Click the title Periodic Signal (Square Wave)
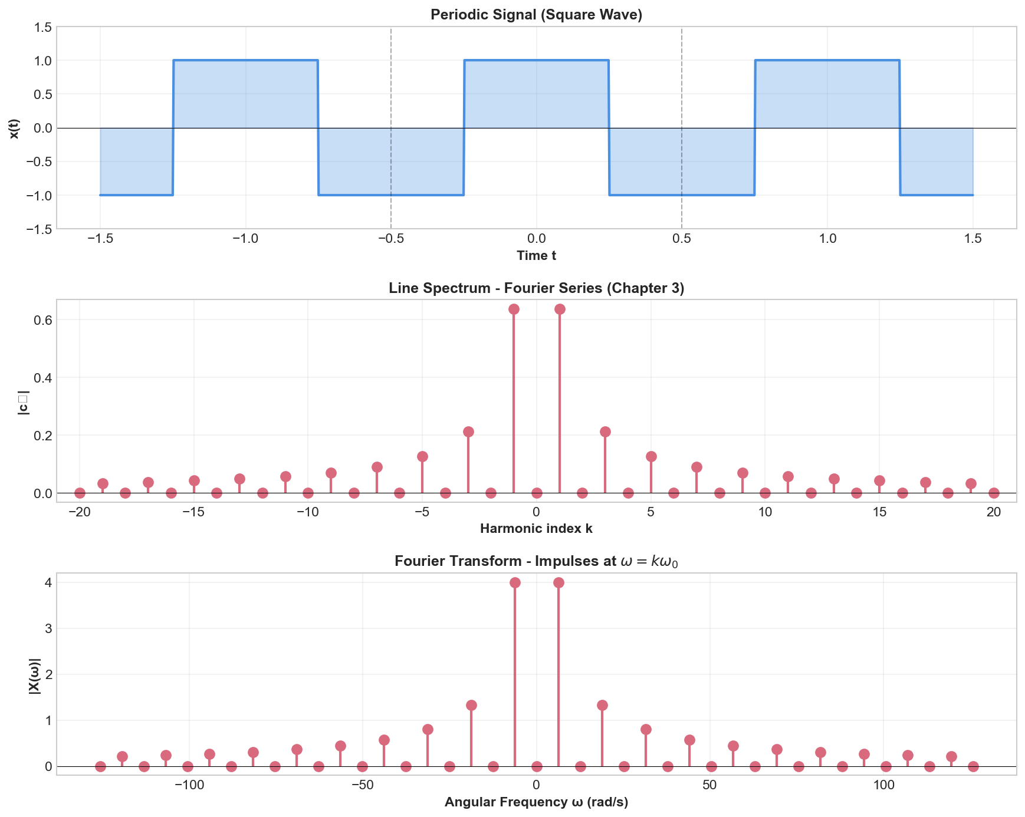(x=536, y=15)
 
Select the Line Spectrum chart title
(x=536, y=288)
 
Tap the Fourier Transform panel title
(x=536, y=561)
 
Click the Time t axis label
(x=536, y=256)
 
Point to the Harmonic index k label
(x=536, y=529)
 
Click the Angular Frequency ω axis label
(x=536, y=802)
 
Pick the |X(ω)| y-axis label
(x=35, y=673)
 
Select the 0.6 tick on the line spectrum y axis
(x=44, y=319)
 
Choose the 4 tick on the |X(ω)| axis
(x=47, y=582)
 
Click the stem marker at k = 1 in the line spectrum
(x=560, y=309)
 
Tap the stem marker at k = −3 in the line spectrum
(x=468, y=431)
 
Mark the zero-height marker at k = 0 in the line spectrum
(x=537, y=493)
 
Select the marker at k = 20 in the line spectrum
(x=994, y=493)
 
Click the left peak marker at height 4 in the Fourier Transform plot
(x=515, y=582)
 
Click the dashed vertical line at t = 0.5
(x=682, y=88)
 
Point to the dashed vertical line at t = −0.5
(x=391, y=88)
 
